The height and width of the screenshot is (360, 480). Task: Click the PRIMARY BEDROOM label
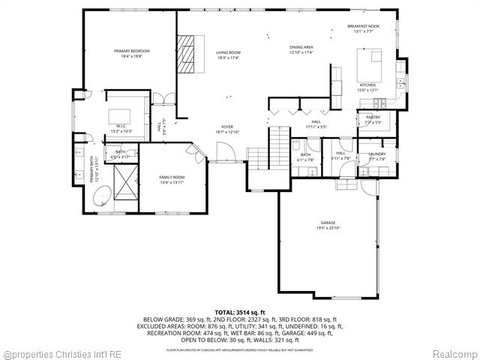point(127,51)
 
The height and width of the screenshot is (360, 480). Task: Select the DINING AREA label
point(301,47)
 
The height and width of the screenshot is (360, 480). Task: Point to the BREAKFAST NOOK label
point(363,26)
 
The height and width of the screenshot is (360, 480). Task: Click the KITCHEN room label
point(367,85)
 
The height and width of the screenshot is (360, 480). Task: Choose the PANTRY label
point(373,117)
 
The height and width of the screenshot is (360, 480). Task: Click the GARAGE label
point(328,223)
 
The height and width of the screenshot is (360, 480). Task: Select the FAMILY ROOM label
point(171,177)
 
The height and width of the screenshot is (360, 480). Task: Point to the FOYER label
point(226,127)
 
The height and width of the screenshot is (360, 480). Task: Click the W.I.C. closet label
point(121,127)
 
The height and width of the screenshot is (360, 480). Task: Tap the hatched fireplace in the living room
point(185,54)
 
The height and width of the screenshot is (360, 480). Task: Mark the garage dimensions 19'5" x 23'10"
point(328,228)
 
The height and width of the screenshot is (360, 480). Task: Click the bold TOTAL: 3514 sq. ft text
point(239,311)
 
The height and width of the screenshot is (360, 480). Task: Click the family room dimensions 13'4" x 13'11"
point(171,182)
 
